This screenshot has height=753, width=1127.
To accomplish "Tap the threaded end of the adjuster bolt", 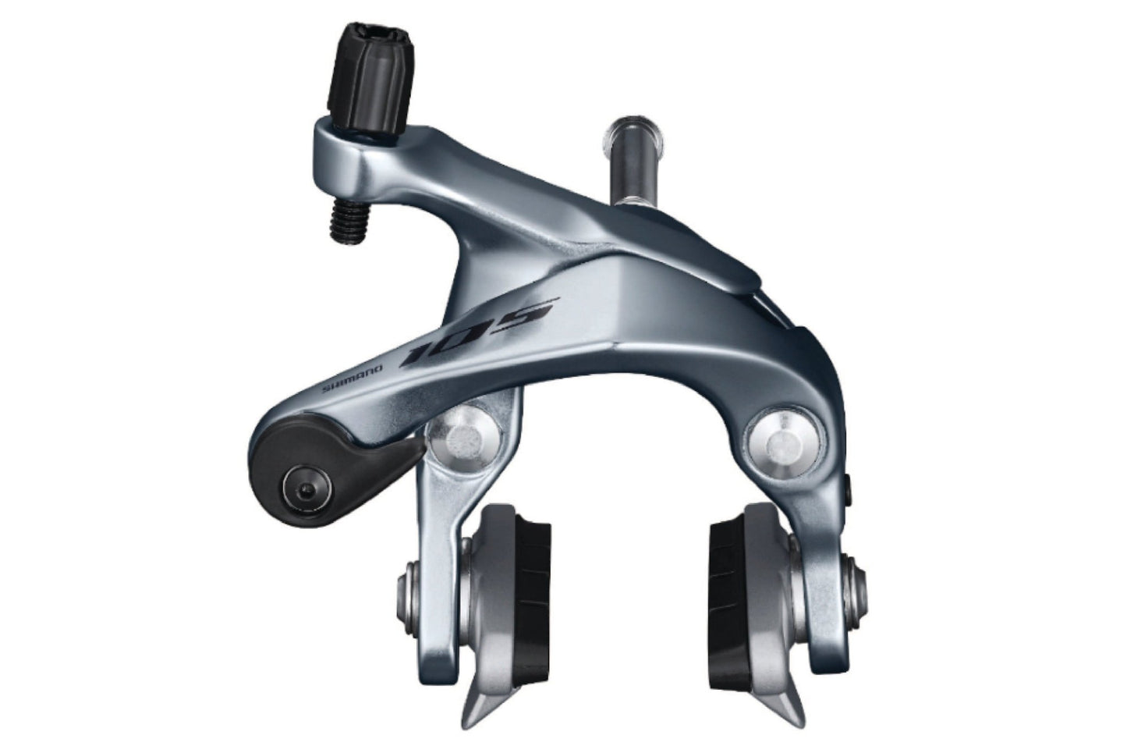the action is (349, 220).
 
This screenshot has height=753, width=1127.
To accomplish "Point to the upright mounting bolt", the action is (634, 162).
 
